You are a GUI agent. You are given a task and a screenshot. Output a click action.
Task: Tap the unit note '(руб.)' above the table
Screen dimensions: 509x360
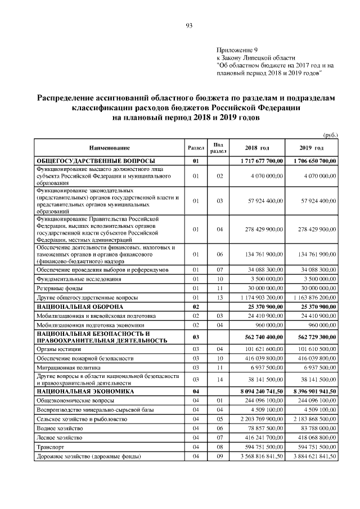pyautogui.click(x=330, y=134)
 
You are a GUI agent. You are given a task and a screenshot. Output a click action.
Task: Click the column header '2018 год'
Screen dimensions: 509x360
pyautogui.click(x=257, y=148)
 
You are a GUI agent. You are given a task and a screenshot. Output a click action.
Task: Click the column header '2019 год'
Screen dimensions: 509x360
pyautogui.click(x=312, y=148)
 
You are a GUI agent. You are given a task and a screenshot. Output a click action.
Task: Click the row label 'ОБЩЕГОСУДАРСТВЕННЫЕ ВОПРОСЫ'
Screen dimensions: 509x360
pyautogui.click(x=96, y=161)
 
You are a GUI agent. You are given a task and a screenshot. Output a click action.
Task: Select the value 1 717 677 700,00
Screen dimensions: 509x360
pyautogui.click(x=257, y=161)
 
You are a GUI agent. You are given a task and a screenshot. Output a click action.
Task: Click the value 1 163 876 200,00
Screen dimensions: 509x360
pyautogui.click(x=312, y=297)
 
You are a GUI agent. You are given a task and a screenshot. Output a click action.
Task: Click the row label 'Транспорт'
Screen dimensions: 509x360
pyautogui.click(x=51, y=447)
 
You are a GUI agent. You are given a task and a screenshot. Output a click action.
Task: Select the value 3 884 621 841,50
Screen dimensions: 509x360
pyautogui.click(x=312, y=456)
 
